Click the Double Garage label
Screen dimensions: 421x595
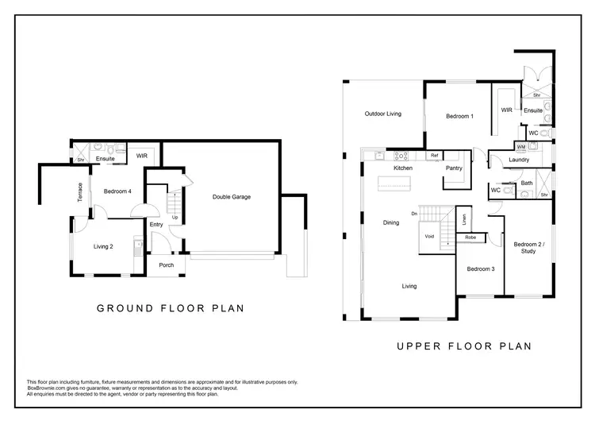click(x=231, y=197)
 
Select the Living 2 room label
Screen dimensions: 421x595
click(x=102, y=246)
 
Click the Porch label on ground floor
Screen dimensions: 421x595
click(x=167, y=265)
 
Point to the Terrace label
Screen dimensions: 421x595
click(x=79, y=193)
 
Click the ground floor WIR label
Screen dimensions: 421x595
click(x=142, y=155)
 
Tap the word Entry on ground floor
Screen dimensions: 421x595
click(x=155, y=225)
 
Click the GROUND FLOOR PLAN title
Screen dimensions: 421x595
click(x=169, y=308)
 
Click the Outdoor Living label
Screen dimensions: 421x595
click(x=382, y=114)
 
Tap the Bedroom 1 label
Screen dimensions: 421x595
click(x=459, y=117)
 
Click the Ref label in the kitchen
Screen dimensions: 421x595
click(x=434, y=156)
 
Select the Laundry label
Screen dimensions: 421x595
click(x=520, y=160)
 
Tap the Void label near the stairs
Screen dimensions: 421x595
click(x=429, y=237)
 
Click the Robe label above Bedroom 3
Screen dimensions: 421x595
click(x=470, y=238)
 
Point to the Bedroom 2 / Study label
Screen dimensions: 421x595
click(x=524, y=247)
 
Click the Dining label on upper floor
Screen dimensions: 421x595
click(x=390, y=222)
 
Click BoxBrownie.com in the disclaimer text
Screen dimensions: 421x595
click(x=46, y=387)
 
